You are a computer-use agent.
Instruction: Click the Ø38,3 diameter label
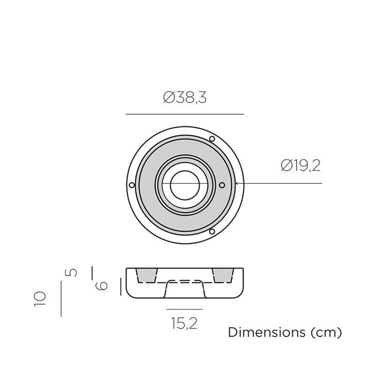185,98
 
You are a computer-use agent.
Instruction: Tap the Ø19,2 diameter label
300,166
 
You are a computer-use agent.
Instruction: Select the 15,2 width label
184,323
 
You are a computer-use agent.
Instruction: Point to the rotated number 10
40,299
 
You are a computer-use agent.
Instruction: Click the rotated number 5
71,273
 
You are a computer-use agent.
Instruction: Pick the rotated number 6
102,286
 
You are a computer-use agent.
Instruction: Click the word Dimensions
266,332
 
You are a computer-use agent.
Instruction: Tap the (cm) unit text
326,333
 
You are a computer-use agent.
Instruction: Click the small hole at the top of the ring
212,139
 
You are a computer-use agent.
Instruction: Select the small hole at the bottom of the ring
212,231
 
